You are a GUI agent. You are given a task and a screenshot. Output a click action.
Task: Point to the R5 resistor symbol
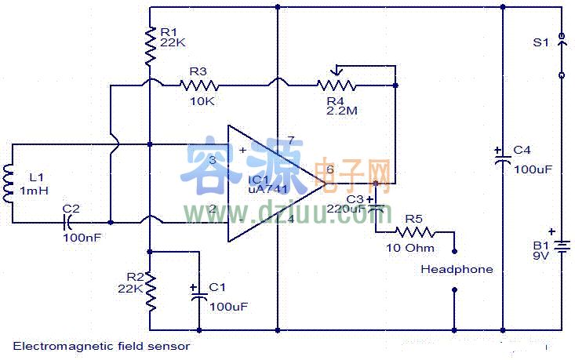click(413, 231)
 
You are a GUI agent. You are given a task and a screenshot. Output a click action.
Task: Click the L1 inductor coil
click(9, 182)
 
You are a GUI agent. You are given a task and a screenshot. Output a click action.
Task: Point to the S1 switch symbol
click(561, 56)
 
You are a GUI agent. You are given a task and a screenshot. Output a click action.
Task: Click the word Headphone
click(457, 269)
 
